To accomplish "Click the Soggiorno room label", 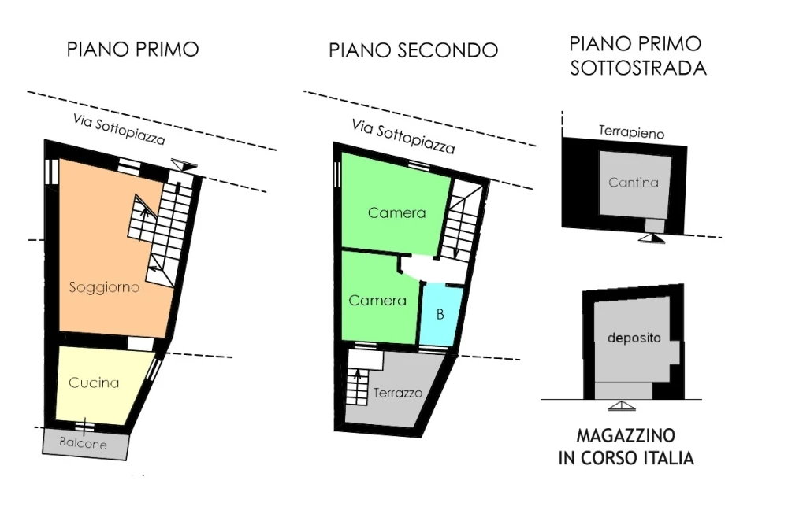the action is pos(104,287).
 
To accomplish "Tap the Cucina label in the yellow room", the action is pos(94,382).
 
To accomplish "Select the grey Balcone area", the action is pos(84,444).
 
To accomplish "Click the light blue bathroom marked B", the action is pos(440,315).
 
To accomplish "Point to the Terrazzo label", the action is pos(397,393).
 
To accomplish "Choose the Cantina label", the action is pos(634,183).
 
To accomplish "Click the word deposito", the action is pos(634,338).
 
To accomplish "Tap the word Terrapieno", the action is pos(632,132).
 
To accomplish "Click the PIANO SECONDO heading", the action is pos(413,50).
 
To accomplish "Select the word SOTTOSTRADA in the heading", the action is pos(638,68).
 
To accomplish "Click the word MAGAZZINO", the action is pos(626,435).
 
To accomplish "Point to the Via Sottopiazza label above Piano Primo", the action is pos(119,129).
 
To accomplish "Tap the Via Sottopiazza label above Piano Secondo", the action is pos(403,136).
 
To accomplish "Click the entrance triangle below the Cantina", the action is pos(652,238).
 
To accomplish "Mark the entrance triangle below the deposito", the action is pos(622,406).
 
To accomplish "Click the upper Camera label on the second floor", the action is pos(396,213).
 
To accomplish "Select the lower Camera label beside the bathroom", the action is pos(377,300).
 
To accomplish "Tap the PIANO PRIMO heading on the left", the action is pos(132,50).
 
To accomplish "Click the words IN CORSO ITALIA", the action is pos(626,458).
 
